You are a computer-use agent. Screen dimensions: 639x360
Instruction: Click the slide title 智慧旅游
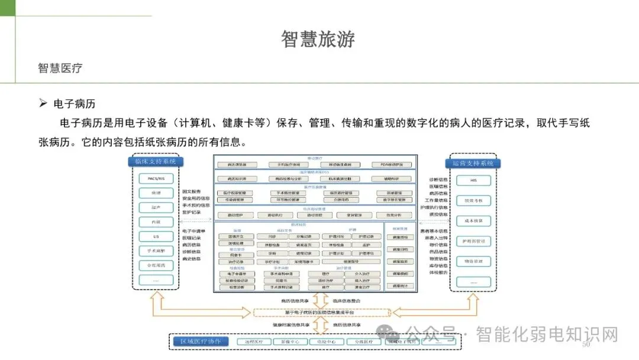coord(318,39)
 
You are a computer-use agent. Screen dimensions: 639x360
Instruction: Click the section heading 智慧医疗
coord(60,68)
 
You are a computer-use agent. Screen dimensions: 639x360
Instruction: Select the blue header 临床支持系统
coord(156,162)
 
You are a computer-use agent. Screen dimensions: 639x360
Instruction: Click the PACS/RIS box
coord(156,178)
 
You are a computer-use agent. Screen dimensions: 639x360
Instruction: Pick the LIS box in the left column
coord(156,236)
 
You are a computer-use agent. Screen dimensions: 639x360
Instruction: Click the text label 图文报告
coord(191,191)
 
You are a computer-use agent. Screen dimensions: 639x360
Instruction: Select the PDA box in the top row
coord(391,164)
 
